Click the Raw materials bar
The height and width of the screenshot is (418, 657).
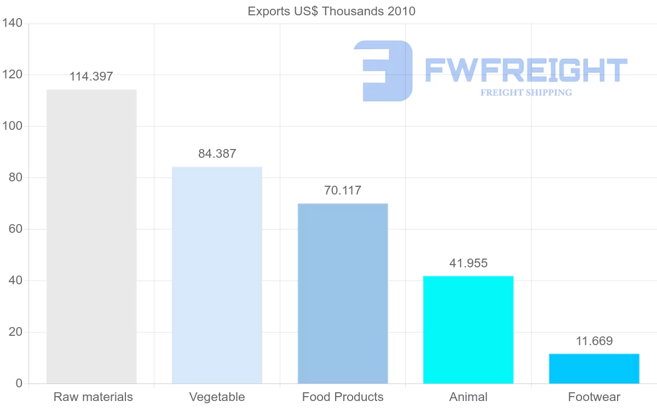click(x=91, y=236)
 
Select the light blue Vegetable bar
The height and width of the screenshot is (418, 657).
click(x=217, y=275)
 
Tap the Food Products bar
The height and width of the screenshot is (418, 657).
click(x=343, y=293)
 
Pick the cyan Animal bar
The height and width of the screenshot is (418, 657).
click(x=468, y=329)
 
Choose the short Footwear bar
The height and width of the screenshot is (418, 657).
click(x=594, y=369)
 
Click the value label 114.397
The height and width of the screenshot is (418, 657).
click(x=91, y=77)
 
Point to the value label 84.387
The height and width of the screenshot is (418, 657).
click(x=217, y=154)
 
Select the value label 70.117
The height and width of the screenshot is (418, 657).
click(x=343, y=191)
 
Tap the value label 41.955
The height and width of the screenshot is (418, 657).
click(x=468, y=264)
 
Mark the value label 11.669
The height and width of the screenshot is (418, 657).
click(x=594, y=341)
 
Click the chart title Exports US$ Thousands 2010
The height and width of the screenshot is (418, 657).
click(x=332, y=11)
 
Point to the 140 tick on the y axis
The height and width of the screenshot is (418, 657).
click(x=11, y=24)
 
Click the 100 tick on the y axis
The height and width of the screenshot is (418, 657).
click(x=11, y=127)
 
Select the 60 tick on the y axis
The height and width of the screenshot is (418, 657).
click(x=15, y=230)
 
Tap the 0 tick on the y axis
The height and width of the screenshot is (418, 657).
click(x=19, y=383)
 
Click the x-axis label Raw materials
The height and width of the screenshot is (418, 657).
click(x=93, y=397)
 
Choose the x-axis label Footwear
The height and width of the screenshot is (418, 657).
click(x=594, y=397)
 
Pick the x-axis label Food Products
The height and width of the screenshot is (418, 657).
click(x=343, y=397)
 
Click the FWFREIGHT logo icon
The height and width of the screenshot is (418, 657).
click(x=383, y=71)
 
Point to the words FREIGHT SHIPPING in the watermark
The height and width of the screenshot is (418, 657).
click(x=526, y=93)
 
